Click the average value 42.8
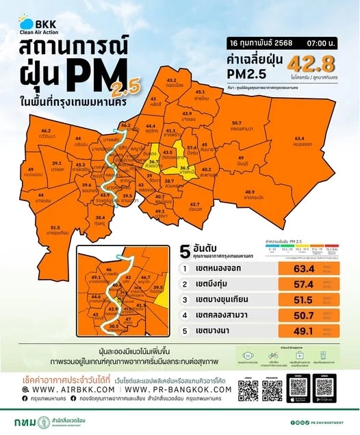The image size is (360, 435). (313, 64)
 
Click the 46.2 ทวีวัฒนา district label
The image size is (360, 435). (46, 133)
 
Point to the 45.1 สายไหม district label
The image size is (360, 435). (201, 95)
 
